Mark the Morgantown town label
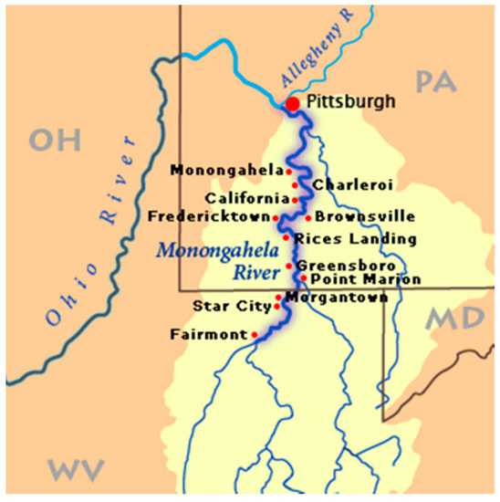tap(337, 297)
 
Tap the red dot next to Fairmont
tap(255, 335)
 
